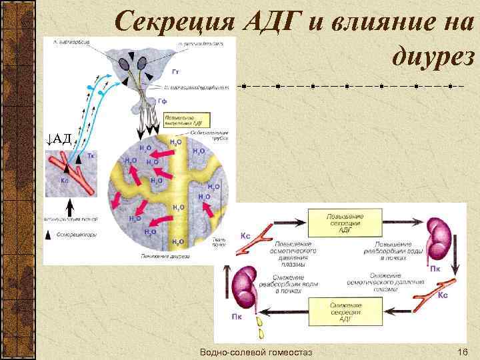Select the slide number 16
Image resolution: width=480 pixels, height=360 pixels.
[x=461, y=351]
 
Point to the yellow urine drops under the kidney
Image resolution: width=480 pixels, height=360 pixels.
[x=258, y=327]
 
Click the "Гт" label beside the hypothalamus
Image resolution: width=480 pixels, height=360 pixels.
[x=175, y=71]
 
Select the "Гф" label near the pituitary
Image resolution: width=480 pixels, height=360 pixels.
[x=162, y=101]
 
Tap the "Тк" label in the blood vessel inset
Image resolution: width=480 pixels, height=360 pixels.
[x=91, y=156]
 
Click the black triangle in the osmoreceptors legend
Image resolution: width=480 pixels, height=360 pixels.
[x=49, y=235]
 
